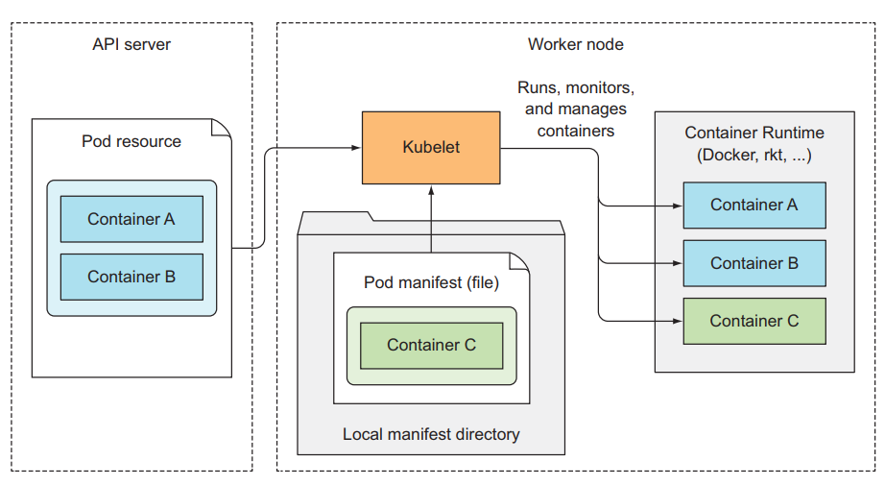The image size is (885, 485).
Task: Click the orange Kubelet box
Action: pos(431,148)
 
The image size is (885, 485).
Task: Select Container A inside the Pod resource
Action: pos(132,219)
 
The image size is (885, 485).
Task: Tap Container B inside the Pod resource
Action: pos(132,277)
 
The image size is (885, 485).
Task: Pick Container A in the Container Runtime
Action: pos(753,205)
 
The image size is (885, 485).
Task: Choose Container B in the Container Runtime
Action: pos(753,263)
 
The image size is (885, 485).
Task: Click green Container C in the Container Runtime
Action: pos(753,321)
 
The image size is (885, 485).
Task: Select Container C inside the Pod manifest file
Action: pos(431,345)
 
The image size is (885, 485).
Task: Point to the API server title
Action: pos(132,45)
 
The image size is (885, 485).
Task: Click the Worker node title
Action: pos(575,45)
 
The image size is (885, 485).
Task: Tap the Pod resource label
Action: pos(132,141)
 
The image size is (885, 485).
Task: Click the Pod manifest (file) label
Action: pos(431,282)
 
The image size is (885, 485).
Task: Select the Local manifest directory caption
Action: pos(431,434)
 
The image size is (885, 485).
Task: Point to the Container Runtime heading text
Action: pos(753,133)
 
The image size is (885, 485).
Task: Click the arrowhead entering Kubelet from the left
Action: pos(356,148)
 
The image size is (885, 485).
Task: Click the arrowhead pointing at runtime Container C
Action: pos(678,321)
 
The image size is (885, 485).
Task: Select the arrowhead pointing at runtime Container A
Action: pos(678,205)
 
